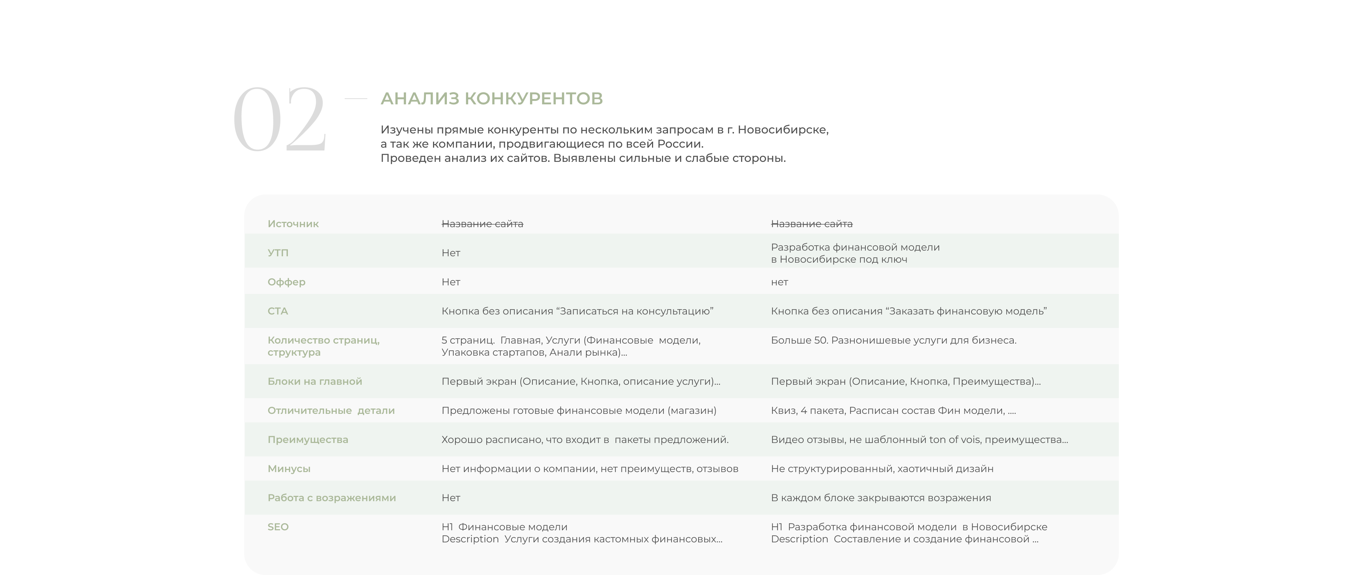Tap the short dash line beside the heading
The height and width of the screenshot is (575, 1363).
[x=356, y=98]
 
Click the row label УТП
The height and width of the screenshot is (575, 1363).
[x=278, y=253]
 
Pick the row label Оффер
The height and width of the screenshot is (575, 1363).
[x=286, y=282]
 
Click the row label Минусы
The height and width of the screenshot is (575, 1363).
[x=289, y=469]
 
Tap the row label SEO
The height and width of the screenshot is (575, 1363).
[x=278, y=527]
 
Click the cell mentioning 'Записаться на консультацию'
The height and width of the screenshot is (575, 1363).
[x=577, y=311]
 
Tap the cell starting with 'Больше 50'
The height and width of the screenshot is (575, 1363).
[x=893, y=340]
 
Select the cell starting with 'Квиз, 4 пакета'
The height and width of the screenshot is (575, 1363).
[x=893, y=411]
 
